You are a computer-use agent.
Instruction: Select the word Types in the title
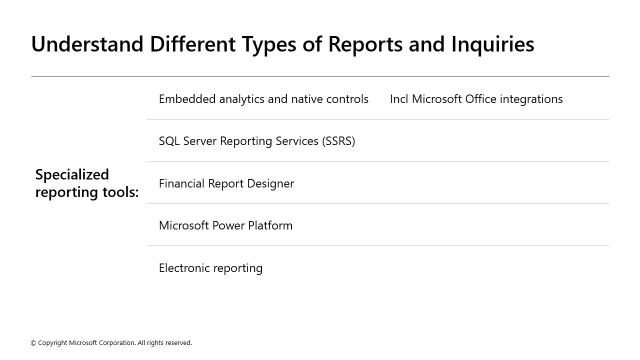point(270,44)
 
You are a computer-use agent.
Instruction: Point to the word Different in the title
point(192,44)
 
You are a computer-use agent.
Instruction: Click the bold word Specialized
point(72,174)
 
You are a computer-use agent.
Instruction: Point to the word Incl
point(399,99)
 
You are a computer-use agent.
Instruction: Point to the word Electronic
point(182,268)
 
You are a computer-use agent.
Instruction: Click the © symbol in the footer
point(33,343)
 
